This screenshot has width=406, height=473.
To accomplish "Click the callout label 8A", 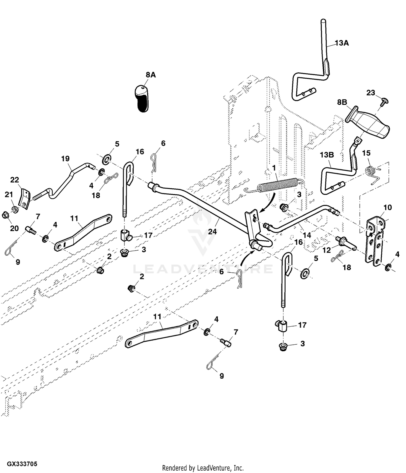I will tap(151, 75).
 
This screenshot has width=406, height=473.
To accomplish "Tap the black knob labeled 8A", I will tap(142, 98).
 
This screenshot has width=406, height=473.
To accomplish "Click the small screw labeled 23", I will tap(383, 102).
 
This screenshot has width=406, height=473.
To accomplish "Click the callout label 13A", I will tap(342, 43).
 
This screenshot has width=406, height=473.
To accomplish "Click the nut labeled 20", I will tap(5, 215).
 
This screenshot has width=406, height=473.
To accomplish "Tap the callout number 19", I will tap(65, 158).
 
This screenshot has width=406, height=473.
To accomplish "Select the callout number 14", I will tap(307, 235).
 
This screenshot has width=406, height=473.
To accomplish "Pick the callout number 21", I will tap(9, 194).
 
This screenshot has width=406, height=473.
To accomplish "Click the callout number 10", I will tap(388, 207).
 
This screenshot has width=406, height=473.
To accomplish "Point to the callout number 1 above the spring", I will tap(274, 168).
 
